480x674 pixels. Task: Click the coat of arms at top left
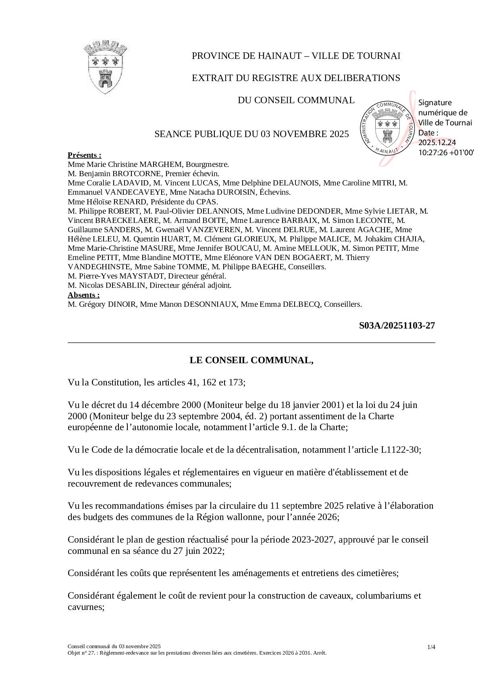106,67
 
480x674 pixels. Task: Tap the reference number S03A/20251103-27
397,325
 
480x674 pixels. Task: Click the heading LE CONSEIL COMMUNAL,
251,360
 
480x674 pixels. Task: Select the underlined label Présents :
84,155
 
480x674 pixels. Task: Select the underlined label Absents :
83,295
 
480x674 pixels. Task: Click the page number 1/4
431,647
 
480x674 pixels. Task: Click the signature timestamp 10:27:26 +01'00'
446,153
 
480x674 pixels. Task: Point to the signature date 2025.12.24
437,143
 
